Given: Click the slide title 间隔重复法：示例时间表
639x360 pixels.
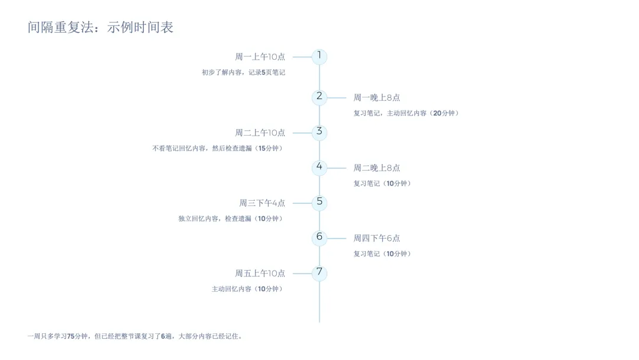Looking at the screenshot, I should pyautogui.click(x=101, y=27).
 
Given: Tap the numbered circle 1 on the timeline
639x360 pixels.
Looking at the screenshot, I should pyautogui.click(x=319, y=57).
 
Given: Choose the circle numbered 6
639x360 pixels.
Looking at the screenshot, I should pyautogui.click(x=319, y=238).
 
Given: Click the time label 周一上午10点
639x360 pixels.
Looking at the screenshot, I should pyautogui.click(x=260, y=57).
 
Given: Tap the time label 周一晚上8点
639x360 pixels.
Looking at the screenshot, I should pyautogui.click(x=377, y=98).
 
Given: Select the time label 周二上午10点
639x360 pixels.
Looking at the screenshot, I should pyautogui.click(x=260, y=133).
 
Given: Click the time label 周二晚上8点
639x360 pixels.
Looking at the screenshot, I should pyautogui.click(x=377, y=168).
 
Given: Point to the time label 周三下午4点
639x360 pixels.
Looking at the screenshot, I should pyautogui.click(x=262, y=203).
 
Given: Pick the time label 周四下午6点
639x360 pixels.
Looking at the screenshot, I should pyautogui.click(x=377, y=238).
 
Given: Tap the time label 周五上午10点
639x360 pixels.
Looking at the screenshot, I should pyautogui.click(x=260, y=274).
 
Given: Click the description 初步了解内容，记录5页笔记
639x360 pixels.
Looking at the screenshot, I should pyautogui.click(x=243, y=72).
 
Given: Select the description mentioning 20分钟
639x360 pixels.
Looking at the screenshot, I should pyautogui.click(x=406, y=113).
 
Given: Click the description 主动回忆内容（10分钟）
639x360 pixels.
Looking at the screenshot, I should pyautogui.click(x=248, y=289).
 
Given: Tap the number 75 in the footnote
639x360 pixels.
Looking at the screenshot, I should pyautogui.click(x=70, y=336).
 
